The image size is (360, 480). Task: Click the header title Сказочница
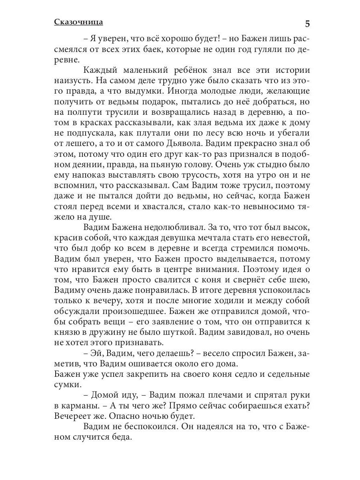[78, 22]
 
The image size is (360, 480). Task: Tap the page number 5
[307, 24]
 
